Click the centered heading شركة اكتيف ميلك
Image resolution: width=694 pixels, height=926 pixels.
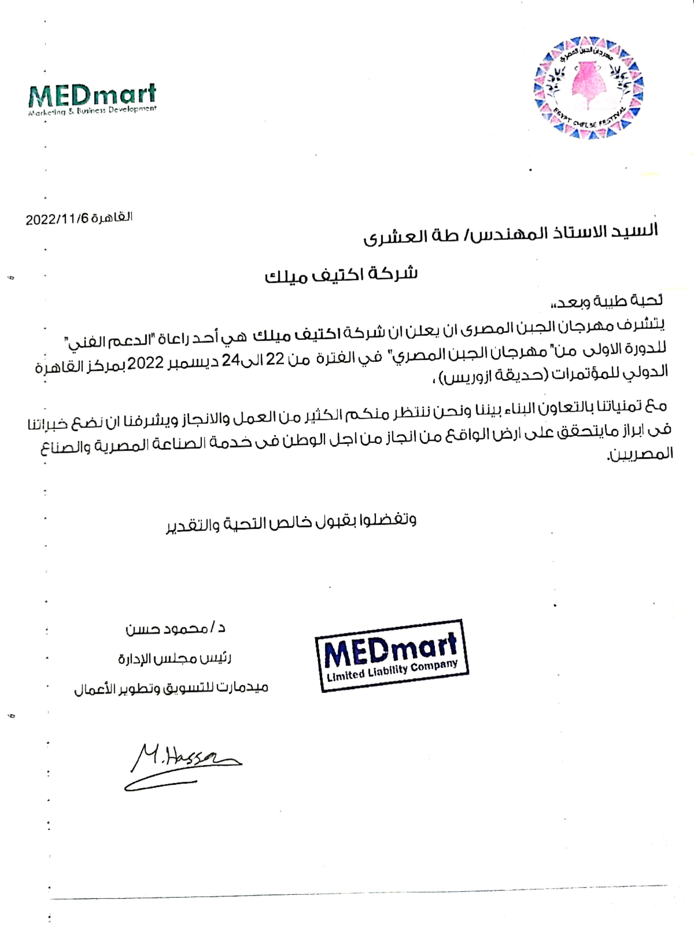coord(341,275)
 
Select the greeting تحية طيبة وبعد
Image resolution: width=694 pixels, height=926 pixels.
coord(607,301)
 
